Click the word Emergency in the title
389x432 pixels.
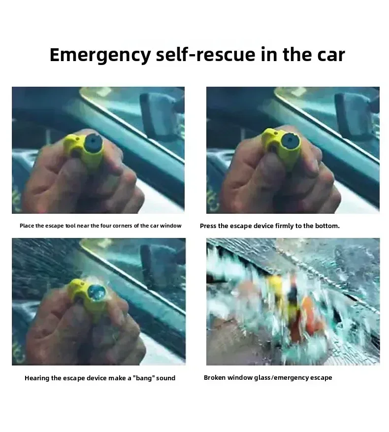(100, 55)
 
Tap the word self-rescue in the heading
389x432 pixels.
(205, 54)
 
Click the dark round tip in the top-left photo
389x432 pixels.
(94, 142)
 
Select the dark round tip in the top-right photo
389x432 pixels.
(290, 141)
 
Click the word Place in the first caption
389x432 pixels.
(27, 226)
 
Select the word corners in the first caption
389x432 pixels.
(122, 226)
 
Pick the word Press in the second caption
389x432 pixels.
(208, 226)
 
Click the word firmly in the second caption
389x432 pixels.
(284, 226)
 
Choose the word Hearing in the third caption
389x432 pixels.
(36, 378)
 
